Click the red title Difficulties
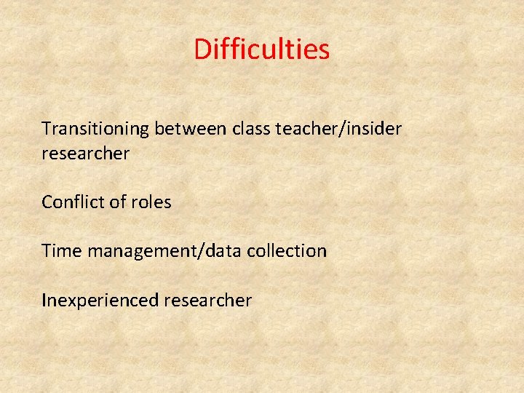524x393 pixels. click(x=262, y=49)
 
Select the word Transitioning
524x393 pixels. click(x=95, y=129)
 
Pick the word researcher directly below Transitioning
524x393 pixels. click(x=85, y=154)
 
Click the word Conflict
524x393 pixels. click(x=73, y=202)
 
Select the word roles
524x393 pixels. click(x=151, y=202)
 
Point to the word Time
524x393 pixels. click(x=61, y=251)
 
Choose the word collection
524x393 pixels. click(x=286, y=251)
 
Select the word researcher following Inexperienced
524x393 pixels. click(x=209, y=300)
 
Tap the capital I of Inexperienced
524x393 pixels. click(x=44, y=300)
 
